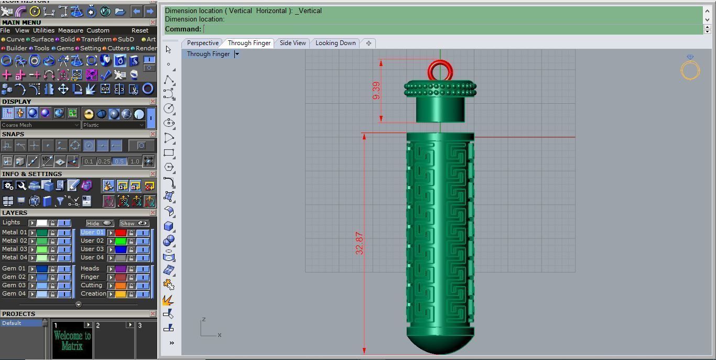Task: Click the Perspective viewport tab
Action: pyautogui.click(x=202, y=43)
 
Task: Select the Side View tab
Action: pyautogui.click(x=292, y=43)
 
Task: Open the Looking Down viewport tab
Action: pyautogui.click(x=335, y=43)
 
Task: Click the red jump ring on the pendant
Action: pyautogui.click(x=440, y=70)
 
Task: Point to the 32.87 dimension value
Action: pyautogui.click(x=359, y=243)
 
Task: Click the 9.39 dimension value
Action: pyautogui.click(x=376, y=90)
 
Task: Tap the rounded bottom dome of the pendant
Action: pyautogui.click(x=440, y=343)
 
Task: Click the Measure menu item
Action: pyautogui.click(x=70, y=30)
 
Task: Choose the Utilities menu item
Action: pyautogui.click(x=44, y=30)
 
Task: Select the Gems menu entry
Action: pyautogui.click(x=65, y=48)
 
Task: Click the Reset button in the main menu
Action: pyautogui.click(x=140, y=30)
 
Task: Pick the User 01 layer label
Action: pyautogui.click(x=92, y=232)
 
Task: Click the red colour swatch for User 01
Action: pyautogui.click(x=121, y=233)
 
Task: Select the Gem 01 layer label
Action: pyautogui.click(x=14, y=268)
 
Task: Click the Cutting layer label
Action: pyautogui.click(x=91, y=285)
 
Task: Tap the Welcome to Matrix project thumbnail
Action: pyautogui.click(x=72, y=341)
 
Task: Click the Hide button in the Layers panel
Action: pyautogui.click(x=100, y=223)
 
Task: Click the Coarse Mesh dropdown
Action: pyautogui.click(x=40, y=125)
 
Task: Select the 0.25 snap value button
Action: pyautogui.click(x=104, y=161)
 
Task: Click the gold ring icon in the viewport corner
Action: pyautogui.click(x=690, y=69)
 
